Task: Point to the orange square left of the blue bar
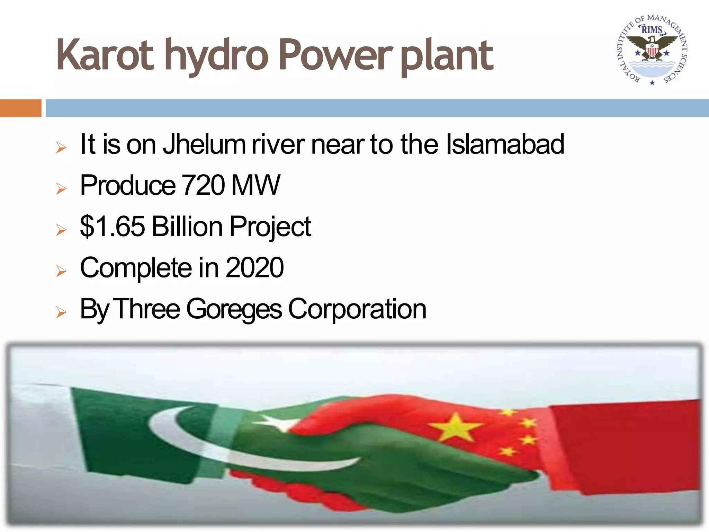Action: point(20,108)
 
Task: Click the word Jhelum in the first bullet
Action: point(204,144)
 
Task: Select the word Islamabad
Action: point(505,144)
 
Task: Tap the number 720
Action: point(203,185)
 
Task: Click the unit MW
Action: point(255,185)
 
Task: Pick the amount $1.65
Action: point(112,227)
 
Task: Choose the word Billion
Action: point(187,227)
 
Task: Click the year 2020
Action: point(254,268)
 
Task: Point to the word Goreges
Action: point(234,309)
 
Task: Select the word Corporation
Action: point(357,309)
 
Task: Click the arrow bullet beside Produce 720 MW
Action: point(61,189)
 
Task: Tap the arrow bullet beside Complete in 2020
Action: point(61,271)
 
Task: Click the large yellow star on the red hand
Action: point(456,428)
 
